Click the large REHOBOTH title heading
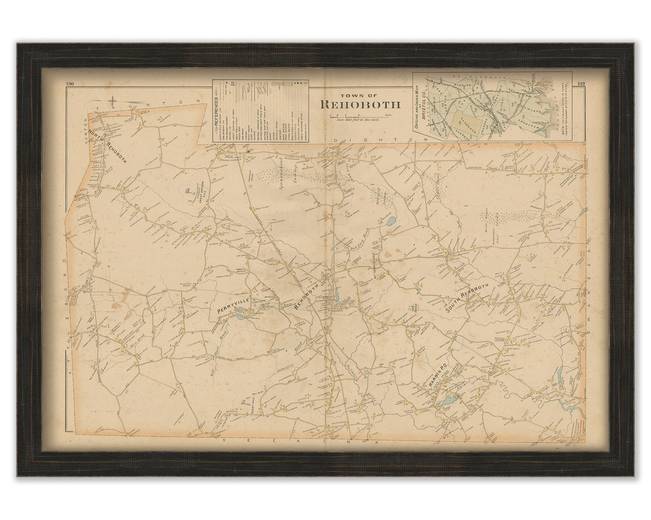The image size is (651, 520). pyautogui.click(x=360, y=104)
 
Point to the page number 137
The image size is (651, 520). pyautogui.click(x=580, y=84)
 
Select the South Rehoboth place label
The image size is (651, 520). pyautogui.click(x=464, y=302)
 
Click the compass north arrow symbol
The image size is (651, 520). pyautogui.click(x=112, y=101)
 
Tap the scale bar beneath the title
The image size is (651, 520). pyautogui.click(x=360, y=115)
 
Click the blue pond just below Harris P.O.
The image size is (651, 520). pyautogui.click(x=448, y=400)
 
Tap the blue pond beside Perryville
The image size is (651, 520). pyautogui.click(x=241, y=317)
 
